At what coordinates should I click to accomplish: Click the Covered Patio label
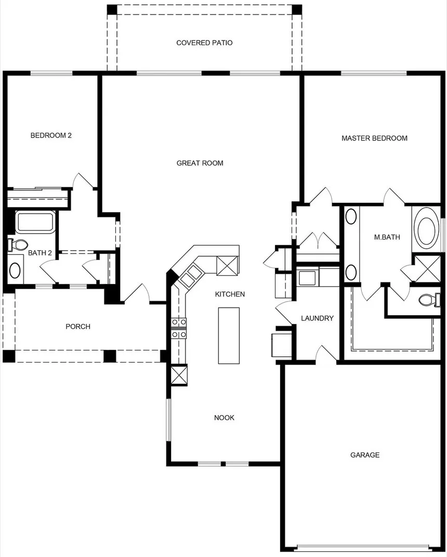(x=204, y=43)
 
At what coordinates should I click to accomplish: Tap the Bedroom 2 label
(x=51, y=135)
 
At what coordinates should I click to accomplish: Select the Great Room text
(x=200, y=163)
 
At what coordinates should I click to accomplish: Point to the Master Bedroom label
(x=374, y=138)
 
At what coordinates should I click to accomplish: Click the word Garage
(x=365, y=455)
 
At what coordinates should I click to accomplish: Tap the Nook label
(x=224, y=418)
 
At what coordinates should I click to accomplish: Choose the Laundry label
(x=317, y=318)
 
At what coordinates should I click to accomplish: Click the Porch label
(x=78, y=327)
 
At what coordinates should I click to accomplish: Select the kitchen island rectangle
(x=229, y=335)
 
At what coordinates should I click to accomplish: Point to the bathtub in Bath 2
(x=35, y=222)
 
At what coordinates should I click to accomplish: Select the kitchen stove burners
(x=179, y=328)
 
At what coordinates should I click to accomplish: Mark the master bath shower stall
(x=427, y=268)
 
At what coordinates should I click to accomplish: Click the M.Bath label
(x=387, y=237)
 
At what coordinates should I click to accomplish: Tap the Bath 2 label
(x=40, y=253)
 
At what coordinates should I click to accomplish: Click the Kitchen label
(x=230, y=294)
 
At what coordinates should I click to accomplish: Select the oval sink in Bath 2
(x=15, y=270)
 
